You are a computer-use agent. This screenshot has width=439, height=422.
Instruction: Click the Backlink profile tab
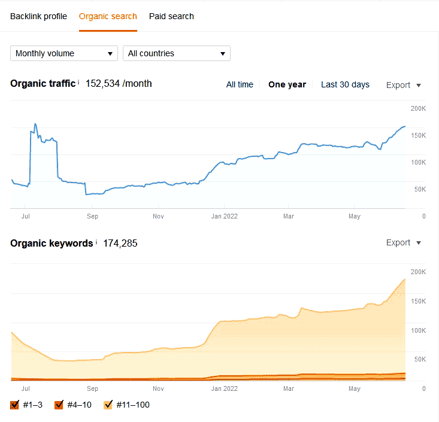point(38,16)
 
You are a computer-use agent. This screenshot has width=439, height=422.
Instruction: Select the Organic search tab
point(108,16)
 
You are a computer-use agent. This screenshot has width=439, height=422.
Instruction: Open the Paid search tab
point(171,16)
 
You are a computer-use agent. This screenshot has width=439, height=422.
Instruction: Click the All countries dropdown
point(177,53)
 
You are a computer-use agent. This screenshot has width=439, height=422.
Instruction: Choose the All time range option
point(240,84)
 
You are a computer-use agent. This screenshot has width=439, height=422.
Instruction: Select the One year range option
point(287,84)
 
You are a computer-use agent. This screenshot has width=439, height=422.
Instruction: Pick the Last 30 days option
point(345,84)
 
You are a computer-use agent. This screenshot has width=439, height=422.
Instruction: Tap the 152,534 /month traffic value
point(119,83)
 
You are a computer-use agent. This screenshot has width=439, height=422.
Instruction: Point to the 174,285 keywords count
point(120,243)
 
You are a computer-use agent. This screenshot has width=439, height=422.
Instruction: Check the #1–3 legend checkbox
point(15,405)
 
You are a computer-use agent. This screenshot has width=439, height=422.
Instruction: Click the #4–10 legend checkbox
point(59,405)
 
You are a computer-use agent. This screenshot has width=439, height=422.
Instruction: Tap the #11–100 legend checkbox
point(108,405)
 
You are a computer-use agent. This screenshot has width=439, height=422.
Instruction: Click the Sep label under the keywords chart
point(92,388)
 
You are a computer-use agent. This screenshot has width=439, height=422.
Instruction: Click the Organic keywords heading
point(52,243)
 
